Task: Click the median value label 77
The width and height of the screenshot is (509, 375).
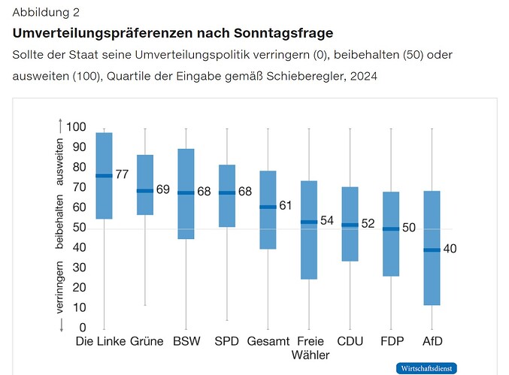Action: pyautogui.click(x=122, y=174)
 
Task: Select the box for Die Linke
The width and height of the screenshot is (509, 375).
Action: pyautogui.click(x=105, y=176)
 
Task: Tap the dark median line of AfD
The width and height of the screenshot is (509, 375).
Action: pyautogui.click(x=432, y=249)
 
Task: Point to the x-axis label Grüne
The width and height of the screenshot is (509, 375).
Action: pyautogui.click(x=147, y=341)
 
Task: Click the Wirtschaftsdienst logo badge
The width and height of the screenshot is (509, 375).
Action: pyautogui.click(x=426, y=368)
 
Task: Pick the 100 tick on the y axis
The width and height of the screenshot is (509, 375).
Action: pyautogui.click(x=76, y=127)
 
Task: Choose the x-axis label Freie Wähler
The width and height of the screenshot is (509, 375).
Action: pyautogui.click(x=311, y=348)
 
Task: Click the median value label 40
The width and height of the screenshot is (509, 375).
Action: pyautogui.click(x=450, y=249)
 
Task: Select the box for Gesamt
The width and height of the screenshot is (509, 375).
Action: pyautogui.click(x=268, y=210)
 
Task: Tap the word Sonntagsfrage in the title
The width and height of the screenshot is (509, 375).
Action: pyautogui.click(x=283, y=33)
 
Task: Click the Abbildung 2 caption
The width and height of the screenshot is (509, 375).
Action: pyautogui.click(x=46, y=12)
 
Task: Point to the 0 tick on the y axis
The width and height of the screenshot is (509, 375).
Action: pyautogui.click(x=83, y=328)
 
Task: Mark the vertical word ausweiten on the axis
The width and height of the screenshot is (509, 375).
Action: pyautogui.click(x=59, y=162)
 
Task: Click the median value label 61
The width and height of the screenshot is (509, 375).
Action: pyautogui.click(x=286, y=205)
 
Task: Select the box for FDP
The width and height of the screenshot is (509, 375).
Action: pyautogui.click(x=391, y=234)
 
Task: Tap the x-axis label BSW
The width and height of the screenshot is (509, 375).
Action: pyautogui.click(x=186, y=341)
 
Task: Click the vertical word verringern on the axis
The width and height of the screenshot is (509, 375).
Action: pyautogui.click(x=59, y=287)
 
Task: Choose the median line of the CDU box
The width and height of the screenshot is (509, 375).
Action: pyautogui.click(x=350, y=225)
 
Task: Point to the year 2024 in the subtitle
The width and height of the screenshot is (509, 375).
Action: pyautogui.click(x=364, y=77)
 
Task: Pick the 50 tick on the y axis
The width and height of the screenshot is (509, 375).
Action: pyautogui.click(x=80, y=228)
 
